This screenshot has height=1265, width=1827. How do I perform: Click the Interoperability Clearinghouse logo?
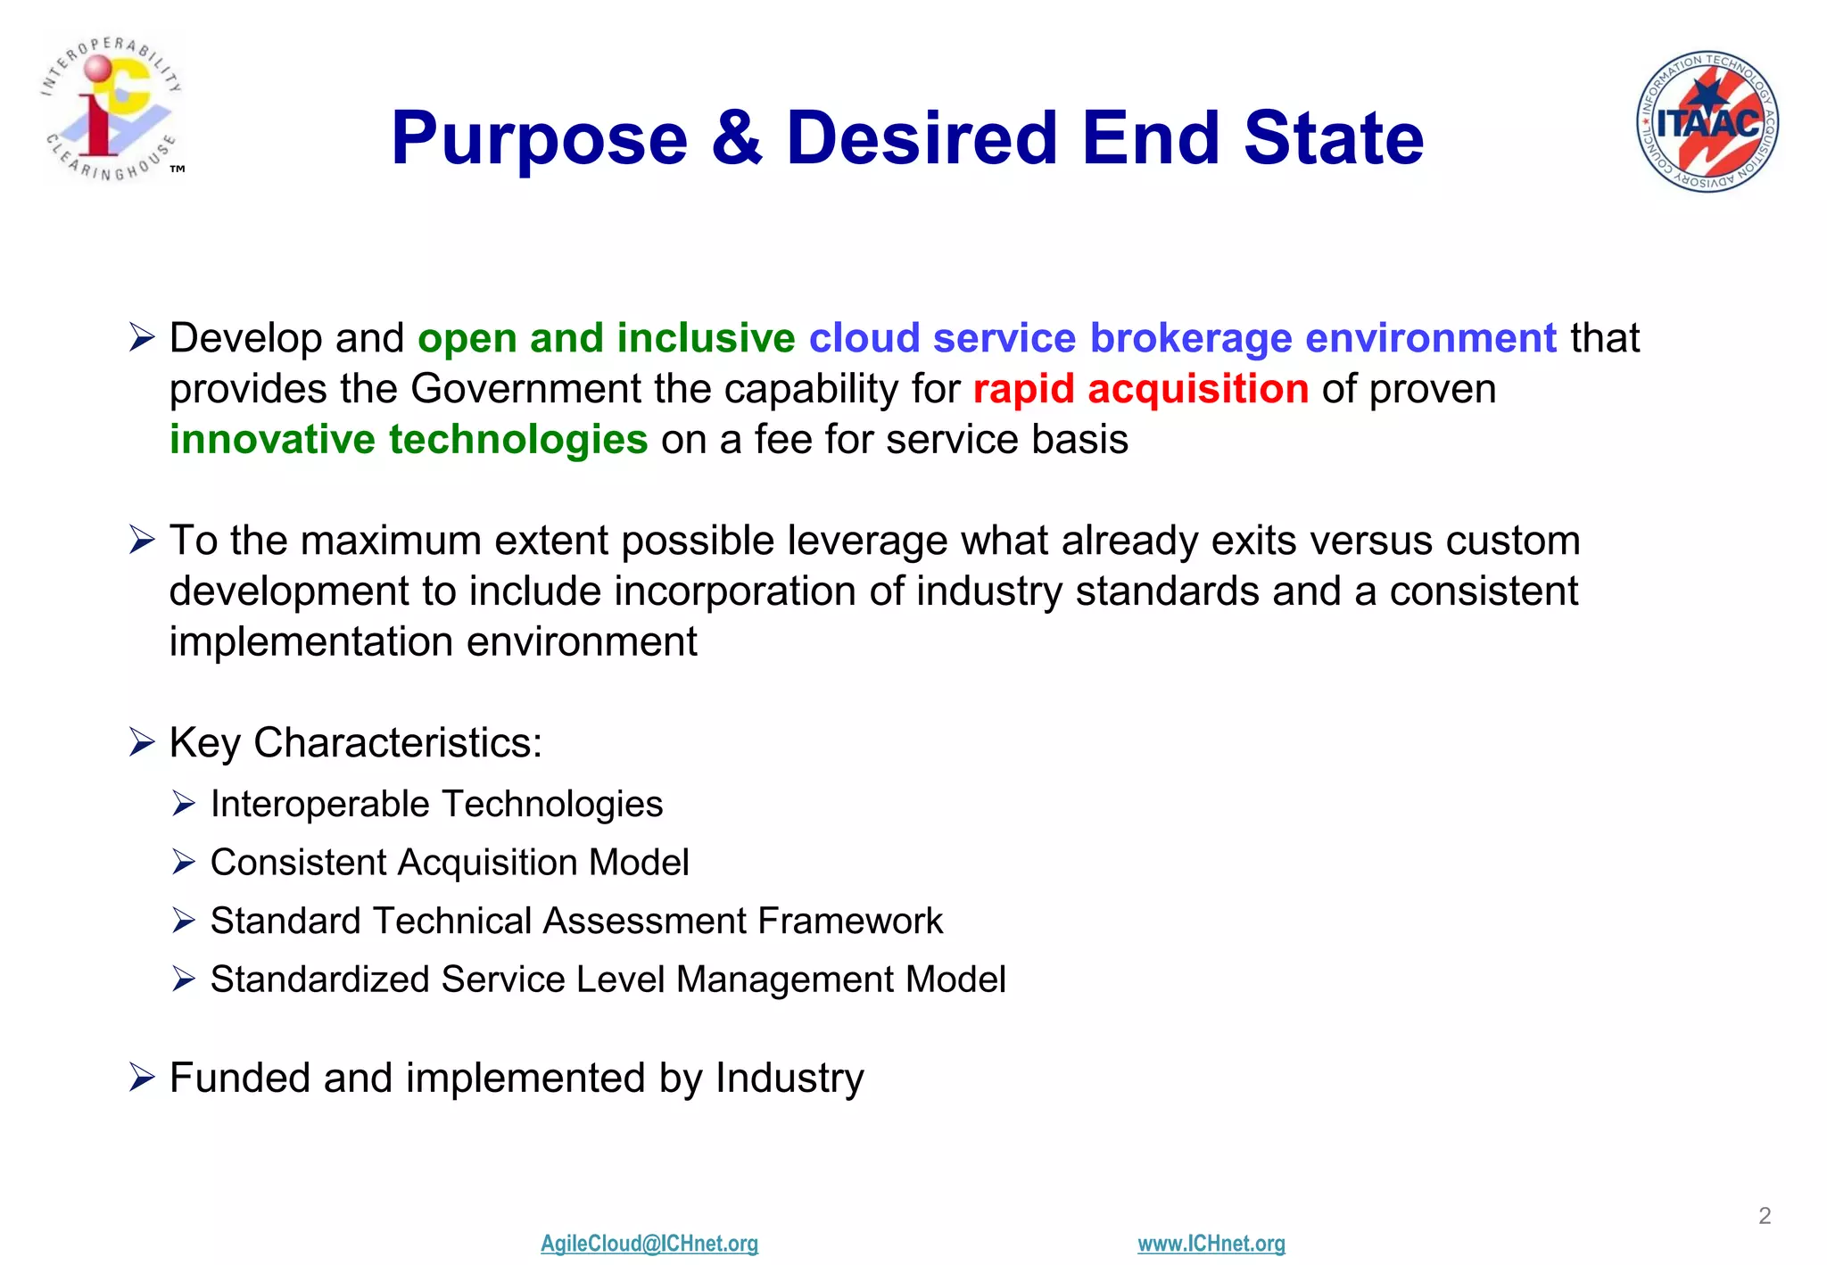pyautogui.click(x=112, y=109)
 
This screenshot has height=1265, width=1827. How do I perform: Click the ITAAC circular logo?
pyautogui.click(x=1707, y=121)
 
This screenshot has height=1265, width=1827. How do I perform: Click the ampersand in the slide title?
pyautogui.click(x=737, y=138)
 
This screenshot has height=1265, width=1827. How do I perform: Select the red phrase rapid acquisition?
pyautogui.click(x=1140, y=389)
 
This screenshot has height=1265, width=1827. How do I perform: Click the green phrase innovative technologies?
pyautogui.click(x=409, y=440)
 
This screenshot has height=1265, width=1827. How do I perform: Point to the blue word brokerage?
pyautogui.click(x=1190, y=339)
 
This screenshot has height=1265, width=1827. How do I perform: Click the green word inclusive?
pyautogui.click(x=705, y=339)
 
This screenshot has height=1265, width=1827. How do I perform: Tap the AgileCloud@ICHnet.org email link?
pyautogui.click(x=649, y=1243)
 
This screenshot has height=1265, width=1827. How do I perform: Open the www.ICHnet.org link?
pyautogui.click(x=1211, y=1243)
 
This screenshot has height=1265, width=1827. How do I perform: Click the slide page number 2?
pyautogui.click(x=1764, y=1215)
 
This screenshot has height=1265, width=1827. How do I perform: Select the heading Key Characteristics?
pyautogui.click(x=355, y=743)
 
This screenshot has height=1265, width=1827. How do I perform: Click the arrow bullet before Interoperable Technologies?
pyautogui.click(x=184, y=804)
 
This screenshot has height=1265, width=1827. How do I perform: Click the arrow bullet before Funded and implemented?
pyautogui.click(x=142, y=1078)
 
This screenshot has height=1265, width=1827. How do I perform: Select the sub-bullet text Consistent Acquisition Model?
pyautogui.click(x=449, y=863)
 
